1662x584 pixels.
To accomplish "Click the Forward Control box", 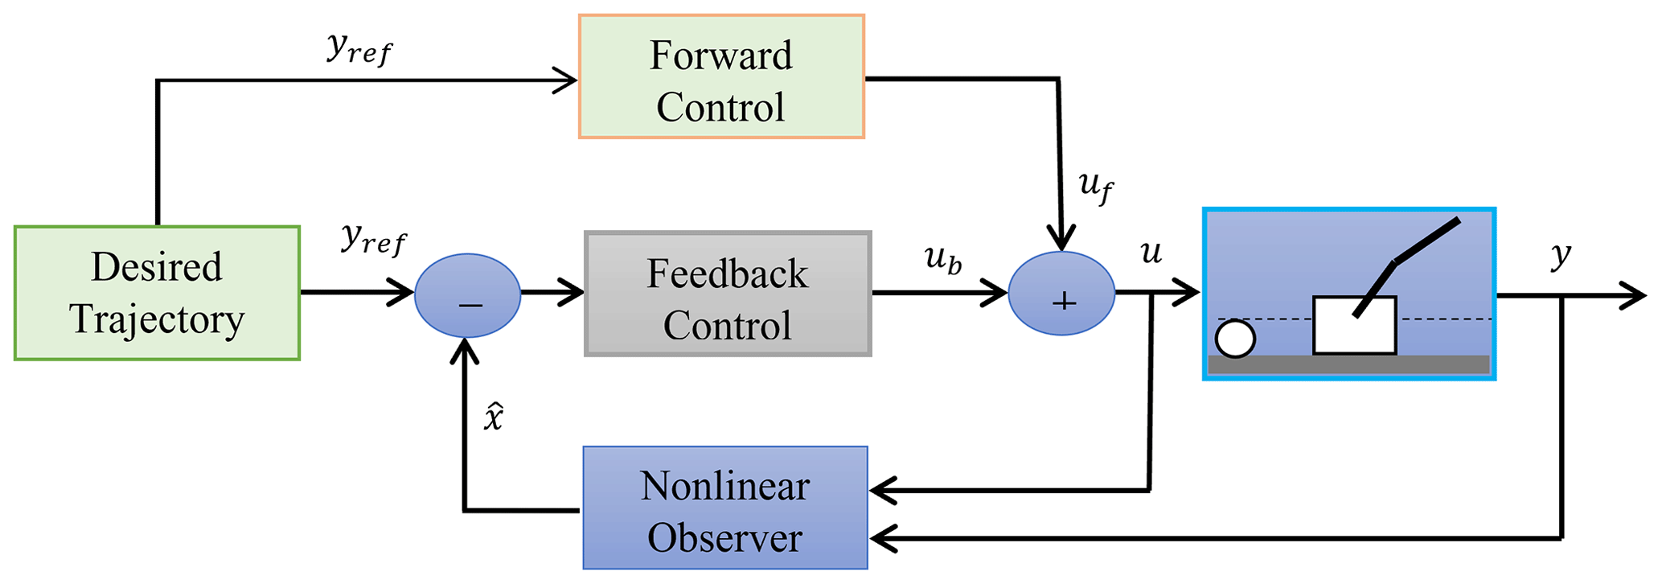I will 721,76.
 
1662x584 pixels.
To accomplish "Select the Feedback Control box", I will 728,294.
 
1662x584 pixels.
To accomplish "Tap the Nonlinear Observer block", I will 725,508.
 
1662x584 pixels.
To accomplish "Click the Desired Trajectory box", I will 157,293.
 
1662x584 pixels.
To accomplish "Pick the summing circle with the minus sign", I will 467,295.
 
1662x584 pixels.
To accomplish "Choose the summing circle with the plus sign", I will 1061,294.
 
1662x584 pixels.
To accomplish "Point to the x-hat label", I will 493,417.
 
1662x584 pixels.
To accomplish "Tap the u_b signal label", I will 942,259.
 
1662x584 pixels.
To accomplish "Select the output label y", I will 1560,256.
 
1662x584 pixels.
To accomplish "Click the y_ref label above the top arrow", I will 359,49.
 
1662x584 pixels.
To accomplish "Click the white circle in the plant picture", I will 1235,338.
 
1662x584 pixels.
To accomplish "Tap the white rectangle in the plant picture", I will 1354,326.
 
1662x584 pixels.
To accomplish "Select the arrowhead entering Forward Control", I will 567,80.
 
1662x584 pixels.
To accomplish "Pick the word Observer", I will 724,537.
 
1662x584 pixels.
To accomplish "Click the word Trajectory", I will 157,319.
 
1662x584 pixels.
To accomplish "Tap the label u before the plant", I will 1151,253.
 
